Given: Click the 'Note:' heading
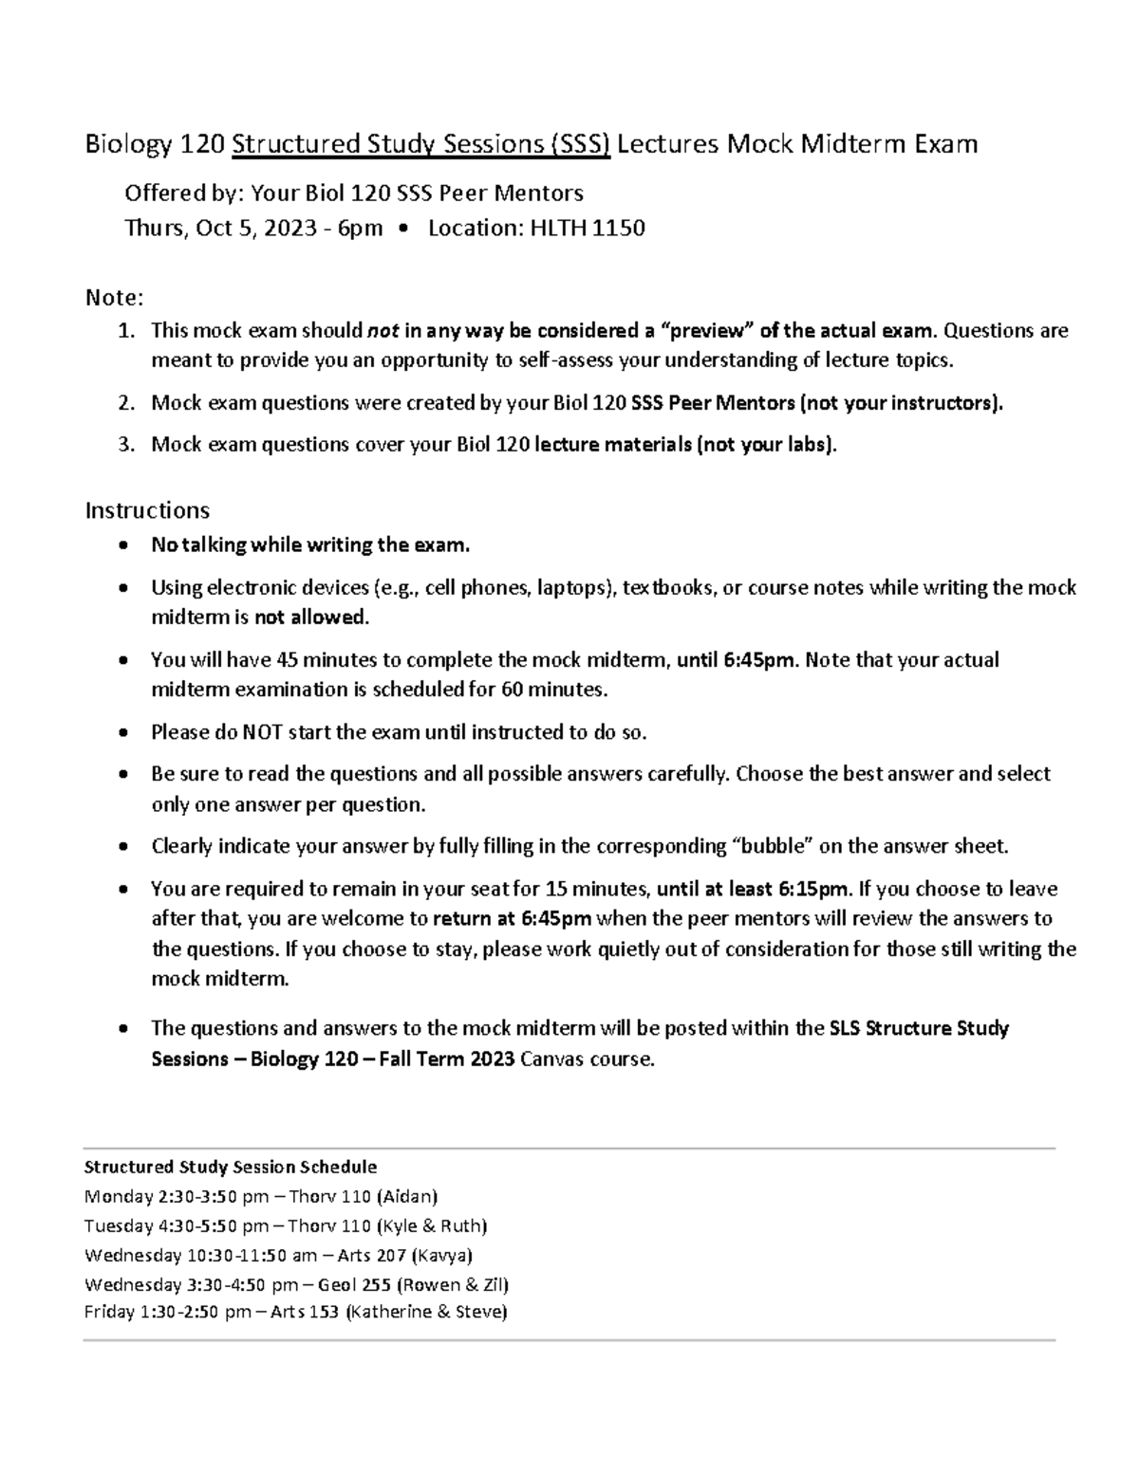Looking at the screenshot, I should (x=114, y=298).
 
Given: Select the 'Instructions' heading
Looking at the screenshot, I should (x=147, y=510).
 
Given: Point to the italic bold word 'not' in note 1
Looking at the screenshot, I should (x=383, y=330).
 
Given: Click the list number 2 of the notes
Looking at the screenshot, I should (x=124, y=403).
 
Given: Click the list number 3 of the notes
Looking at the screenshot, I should (x=124, y=445).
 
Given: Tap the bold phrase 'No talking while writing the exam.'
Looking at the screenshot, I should (x=310, y=544).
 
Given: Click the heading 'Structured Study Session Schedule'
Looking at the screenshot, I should (x=231, y=1166).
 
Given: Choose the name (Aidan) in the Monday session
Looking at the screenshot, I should (x=407, y=1196).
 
